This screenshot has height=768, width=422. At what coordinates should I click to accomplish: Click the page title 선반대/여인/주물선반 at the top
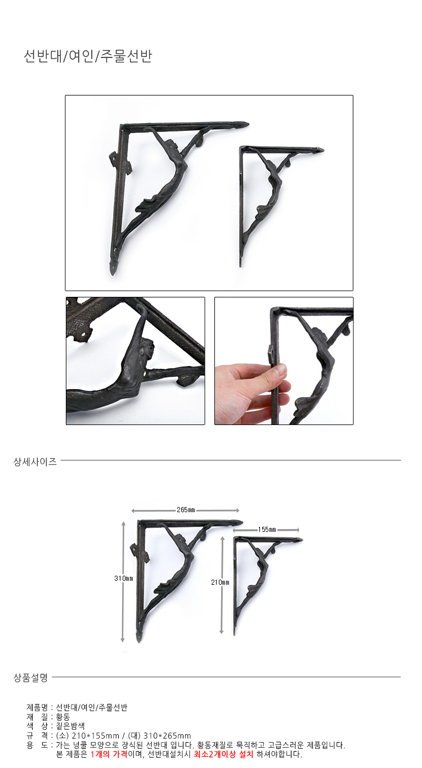(x=88, y=56)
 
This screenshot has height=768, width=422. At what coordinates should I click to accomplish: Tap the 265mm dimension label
(x=186, y=510)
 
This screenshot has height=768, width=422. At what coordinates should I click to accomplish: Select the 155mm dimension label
(x=267, y=530)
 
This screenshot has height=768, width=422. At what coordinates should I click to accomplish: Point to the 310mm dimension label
(x=124, y=578)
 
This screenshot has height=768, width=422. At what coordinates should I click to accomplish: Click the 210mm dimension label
(x=220, y=582)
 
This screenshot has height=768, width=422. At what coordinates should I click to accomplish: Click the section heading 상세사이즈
(x=35, y=462)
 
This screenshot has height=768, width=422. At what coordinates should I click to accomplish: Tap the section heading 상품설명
(x=30, y=677)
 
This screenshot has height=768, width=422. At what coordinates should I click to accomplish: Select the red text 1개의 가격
(x=109, y=754)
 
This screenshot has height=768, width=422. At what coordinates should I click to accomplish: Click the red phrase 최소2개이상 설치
(x=223, y=754)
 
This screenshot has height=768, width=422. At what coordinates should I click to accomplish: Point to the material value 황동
(x=63, y=717)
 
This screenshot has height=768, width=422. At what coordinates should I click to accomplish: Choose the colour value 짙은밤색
(x=70, y=726)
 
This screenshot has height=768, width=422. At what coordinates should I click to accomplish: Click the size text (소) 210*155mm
(x=87, y=735)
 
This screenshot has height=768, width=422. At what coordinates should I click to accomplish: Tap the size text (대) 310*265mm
(x=159, y=735)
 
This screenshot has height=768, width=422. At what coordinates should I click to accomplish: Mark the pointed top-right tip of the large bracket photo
(x=249, y=124)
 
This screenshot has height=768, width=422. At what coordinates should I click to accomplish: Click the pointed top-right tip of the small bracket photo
(x=324, y=150)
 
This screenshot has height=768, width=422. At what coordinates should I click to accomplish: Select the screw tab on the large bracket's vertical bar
(x=121, y=164)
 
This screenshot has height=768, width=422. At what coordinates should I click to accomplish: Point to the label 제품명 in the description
(x=37, y=707)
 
